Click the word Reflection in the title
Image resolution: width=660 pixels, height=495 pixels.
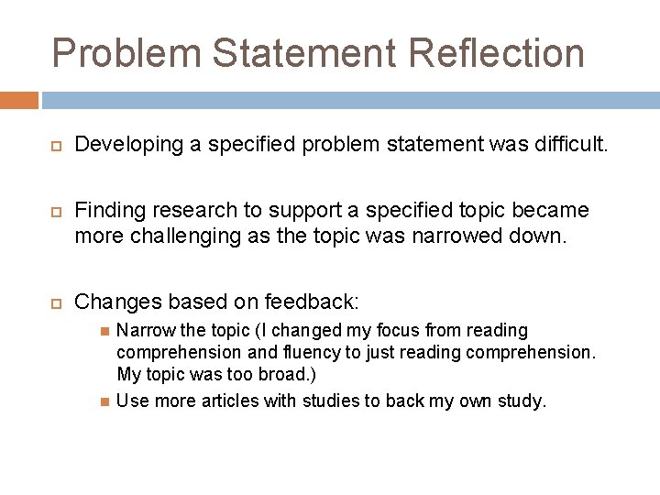click(x=496, y=53)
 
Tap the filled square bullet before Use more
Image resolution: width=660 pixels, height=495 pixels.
click(x=104, y=401)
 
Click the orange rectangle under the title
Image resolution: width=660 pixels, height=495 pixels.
click(x=19, y=100)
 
